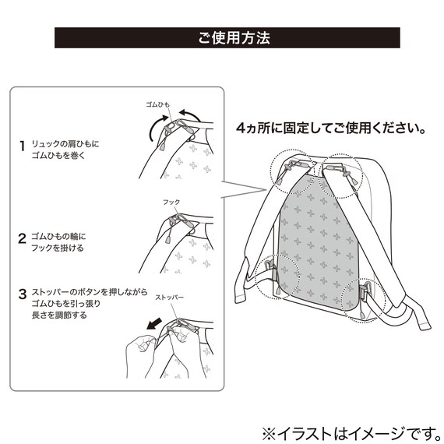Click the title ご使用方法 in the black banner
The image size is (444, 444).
coord(234,37)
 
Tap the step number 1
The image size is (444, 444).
coord(22,146)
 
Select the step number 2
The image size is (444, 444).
coord(22,238)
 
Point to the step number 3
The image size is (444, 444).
coord(23,294)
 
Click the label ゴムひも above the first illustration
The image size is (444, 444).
coord(157,104)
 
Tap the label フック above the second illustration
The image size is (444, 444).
coord(171,202)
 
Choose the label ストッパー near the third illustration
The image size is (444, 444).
coord(169,298)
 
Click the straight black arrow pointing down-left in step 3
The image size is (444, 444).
coord(154,324)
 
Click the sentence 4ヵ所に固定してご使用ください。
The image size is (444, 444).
coord(332,128)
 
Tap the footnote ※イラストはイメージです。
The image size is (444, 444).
coord(352,433)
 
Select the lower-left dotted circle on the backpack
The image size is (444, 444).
coord(255,276)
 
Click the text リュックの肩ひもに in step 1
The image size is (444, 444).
coord(65,144)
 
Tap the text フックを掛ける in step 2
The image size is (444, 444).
coord(58,248)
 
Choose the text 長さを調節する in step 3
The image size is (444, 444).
coord(59,315)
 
